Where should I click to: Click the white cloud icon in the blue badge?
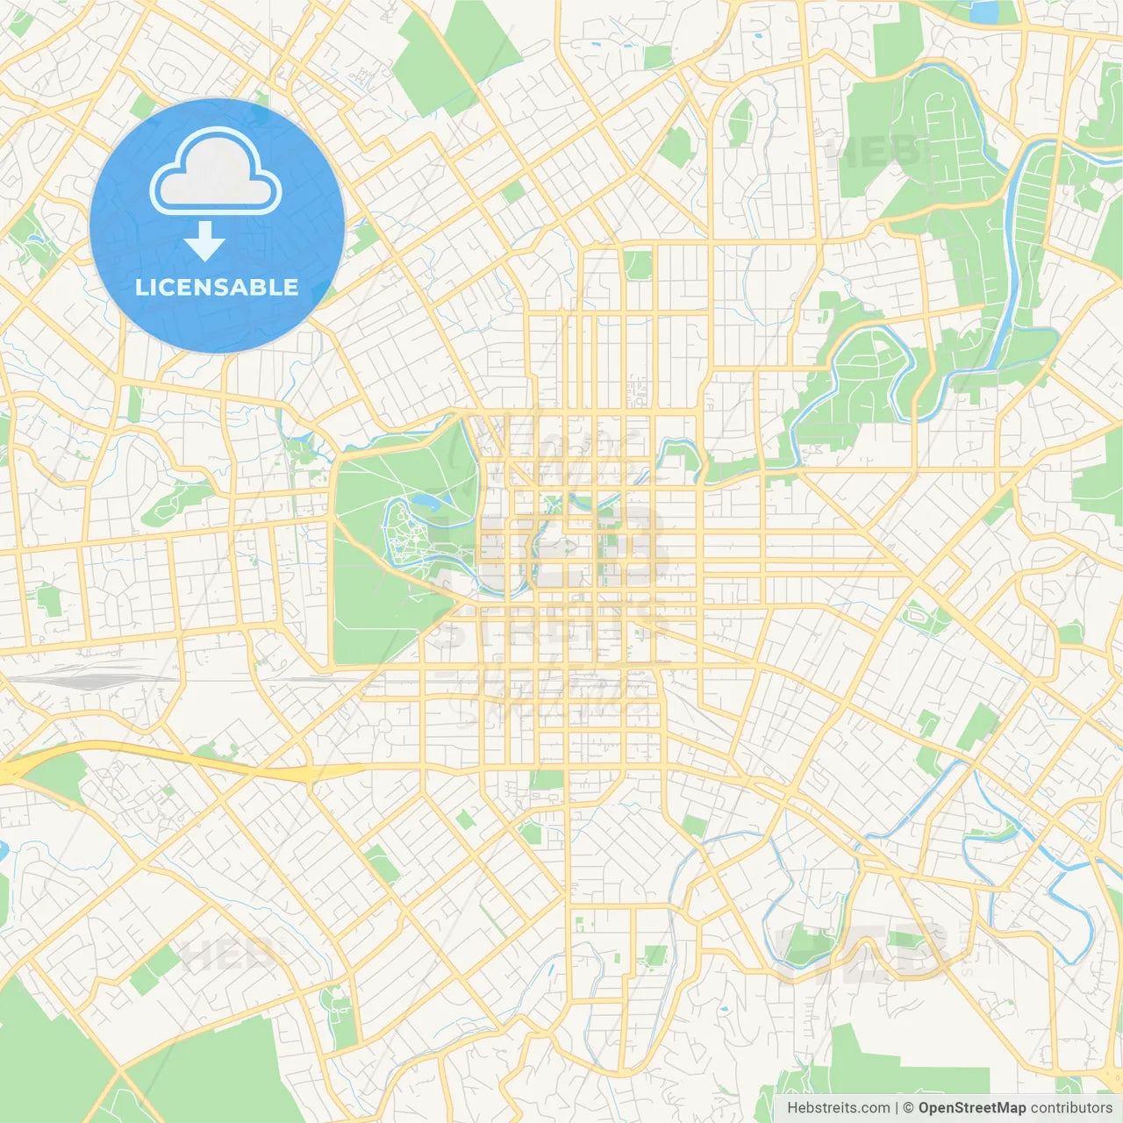[216, 173]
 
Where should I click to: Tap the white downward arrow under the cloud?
[204, 241]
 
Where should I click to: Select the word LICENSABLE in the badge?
[217, 287]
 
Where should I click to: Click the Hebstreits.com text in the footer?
[838, 1108]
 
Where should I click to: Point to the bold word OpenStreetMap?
[971, 1108]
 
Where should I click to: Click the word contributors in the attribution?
[1070, 1108]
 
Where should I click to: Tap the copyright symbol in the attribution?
[908, 1108]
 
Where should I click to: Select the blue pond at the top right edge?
[984, 12]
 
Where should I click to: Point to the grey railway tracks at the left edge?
[79, 677]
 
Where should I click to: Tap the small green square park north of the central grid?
[639, 264]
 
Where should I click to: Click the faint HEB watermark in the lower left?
[215, 955]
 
